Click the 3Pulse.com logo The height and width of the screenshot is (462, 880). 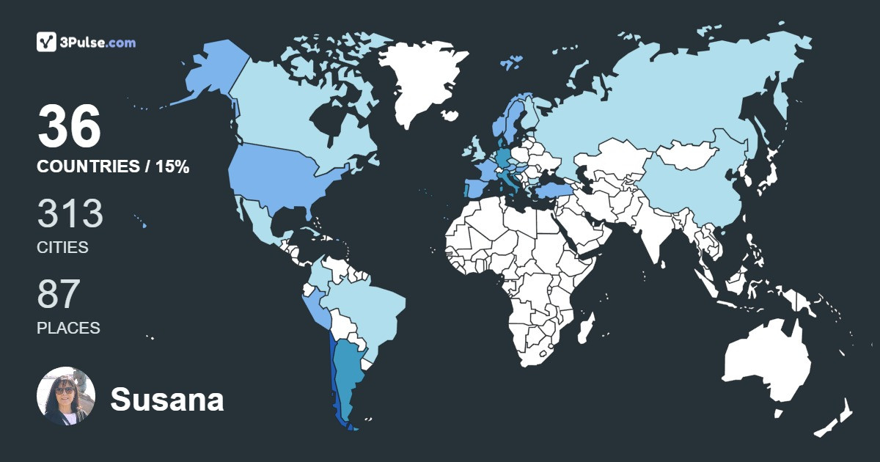pyautogui.click(x=86, y=42)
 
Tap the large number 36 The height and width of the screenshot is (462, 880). pyautogui.click(x=69, y=126)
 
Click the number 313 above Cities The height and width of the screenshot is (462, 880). pyautogui.click(x=70, y=214)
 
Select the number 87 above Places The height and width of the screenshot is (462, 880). pyautogui.click(x=59, y=295)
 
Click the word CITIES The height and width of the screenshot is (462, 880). pyautogui.click(x=62, y=248)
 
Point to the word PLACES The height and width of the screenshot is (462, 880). pyautogui.click(x=68, y=329)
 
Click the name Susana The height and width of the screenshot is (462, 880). pyautogui.click(x=167, y=400)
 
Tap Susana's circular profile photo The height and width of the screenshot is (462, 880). pyautogui.click(x=66, y=396)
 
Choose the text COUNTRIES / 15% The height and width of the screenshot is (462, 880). pyautogui.click(x=113, y=167)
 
